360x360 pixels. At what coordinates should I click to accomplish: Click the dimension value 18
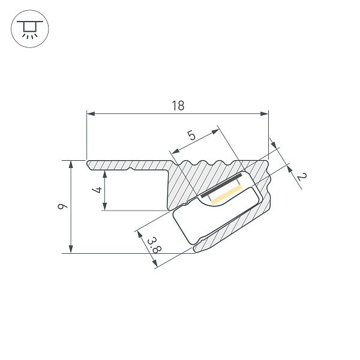point(178,106)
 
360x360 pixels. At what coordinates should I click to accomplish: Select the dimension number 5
point(191,135)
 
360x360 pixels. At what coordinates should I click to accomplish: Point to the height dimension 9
point(62,206)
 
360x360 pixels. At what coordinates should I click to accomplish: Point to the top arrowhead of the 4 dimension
point(104,174)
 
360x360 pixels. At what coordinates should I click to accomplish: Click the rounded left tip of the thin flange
point(88,164)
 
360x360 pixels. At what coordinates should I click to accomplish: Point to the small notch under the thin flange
point(130,169)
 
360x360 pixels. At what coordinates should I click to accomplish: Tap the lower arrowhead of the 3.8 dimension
point(155,263)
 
